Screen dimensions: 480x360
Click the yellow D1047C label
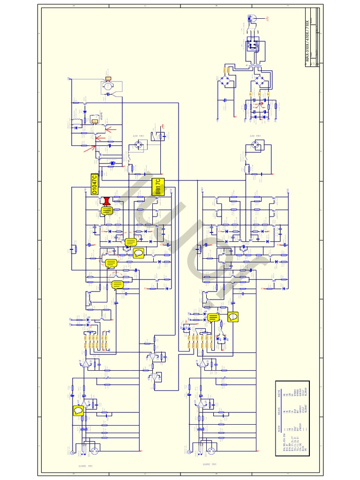tap(94, 184)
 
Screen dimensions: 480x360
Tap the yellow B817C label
tap(158, 187)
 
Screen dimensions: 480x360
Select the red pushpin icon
tap(108, 201)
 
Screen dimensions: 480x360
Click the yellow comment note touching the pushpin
tap(107, 211)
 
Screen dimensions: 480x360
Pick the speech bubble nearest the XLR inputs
tap(78, 411)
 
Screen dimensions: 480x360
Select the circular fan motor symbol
tap(108, 86)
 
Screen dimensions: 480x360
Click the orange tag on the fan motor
tap(108, 78)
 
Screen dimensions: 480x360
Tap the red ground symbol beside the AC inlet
tap(268, 19)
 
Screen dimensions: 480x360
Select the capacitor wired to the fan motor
tap(108, 94)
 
